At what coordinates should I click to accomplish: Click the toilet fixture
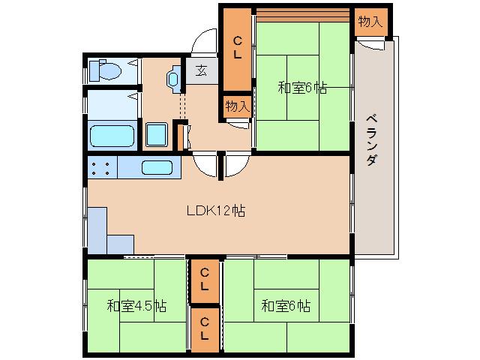point(104,70)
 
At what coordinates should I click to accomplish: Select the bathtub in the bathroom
point(112,136)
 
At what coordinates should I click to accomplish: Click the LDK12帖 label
point(215,211)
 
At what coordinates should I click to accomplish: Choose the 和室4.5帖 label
point(136,306)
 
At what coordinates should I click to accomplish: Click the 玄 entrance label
point(202,71)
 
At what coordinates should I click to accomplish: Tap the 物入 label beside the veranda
point(369,22)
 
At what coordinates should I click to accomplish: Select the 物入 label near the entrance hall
point(237,106)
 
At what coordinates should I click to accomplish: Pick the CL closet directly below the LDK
point(204,279)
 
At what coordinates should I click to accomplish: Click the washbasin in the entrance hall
point(174,79)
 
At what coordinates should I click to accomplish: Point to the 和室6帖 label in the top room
point(302,88)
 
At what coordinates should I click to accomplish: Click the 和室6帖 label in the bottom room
point(286,306)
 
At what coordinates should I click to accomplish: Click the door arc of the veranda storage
point(367,45)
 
